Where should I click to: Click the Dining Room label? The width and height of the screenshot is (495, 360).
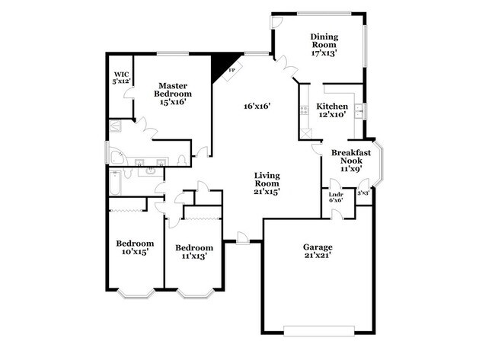click(x=324, y=36)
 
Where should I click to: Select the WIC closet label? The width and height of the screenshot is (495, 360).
click(x=121, y=75)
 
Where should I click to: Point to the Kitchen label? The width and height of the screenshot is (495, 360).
click(x=332, y=107)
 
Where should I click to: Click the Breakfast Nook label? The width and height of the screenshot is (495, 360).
click(x=351, y=157)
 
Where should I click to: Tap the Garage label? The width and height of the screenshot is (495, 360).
click(x=318, y=247)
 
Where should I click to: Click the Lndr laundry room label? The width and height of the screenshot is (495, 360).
click(x=335, y=193)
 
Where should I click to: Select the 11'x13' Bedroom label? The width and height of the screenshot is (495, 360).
click(x=193, y=247)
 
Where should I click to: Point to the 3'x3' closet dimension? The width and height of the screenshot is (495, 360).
click(x=364, y=193)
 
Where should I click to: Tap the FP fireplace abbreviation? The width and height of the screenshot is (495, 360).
click(x=231, y=70)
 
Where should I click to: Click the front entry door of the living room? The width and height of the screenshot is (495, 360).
click(x=241, y=240)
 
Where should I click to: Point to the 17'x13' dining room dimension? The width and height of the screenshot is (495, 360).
click(x=324, y=53)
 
